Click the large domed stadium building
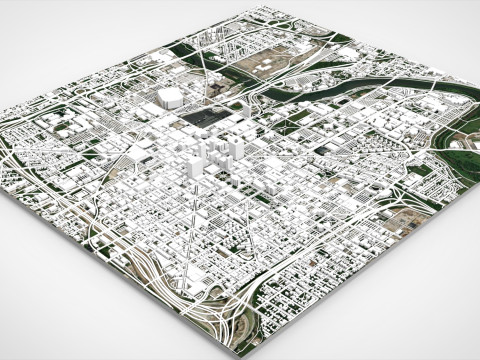[169, 95]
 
